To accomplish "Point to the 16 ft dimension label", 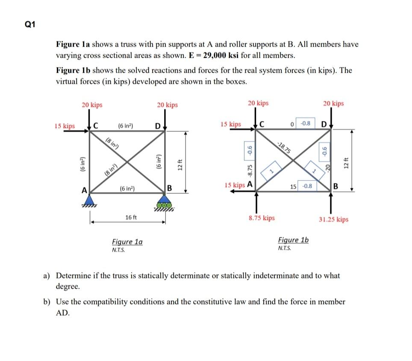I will (x=131, y=218).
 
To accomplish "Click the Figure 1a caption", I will (x=127, y=242).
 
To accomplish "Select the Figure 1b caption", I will (x=293, y=240).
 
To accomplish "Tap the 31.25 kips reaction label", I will (x=333, y=219).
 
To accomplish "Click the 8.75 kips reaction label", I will (x=262, y=218).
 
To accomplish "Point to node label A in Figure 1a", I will (x=85, y=189).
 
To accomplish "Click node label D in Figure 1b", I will (x=324, y=124).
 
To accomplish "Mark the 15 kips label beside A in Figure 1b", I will (x=234, y=185).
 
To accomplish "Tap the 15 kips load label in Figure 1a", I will (x=65, y=126).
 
